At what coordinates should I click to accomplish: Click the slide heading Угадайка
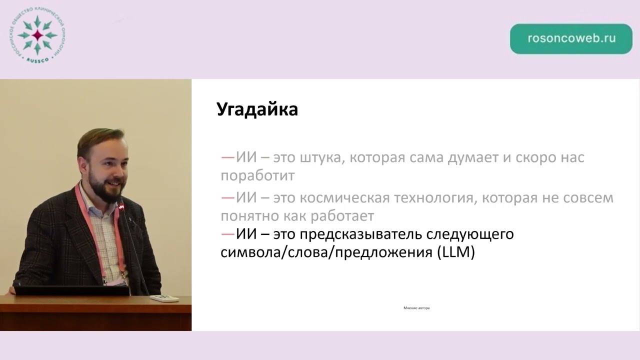pos(257,109)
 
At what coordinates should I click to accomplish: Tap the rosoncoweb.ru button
pos(571,39)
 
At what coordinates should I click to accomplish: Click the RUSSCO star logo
pos(38,35)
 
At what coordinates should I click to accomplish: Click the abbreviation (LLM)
pos(455,252)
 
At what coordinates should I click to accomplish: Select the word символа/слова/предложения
pos(326,252)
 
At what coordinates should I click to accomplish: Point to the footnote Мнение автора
pos(416,308)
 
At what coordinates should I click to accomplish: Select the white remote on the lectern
pos(164,298)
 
